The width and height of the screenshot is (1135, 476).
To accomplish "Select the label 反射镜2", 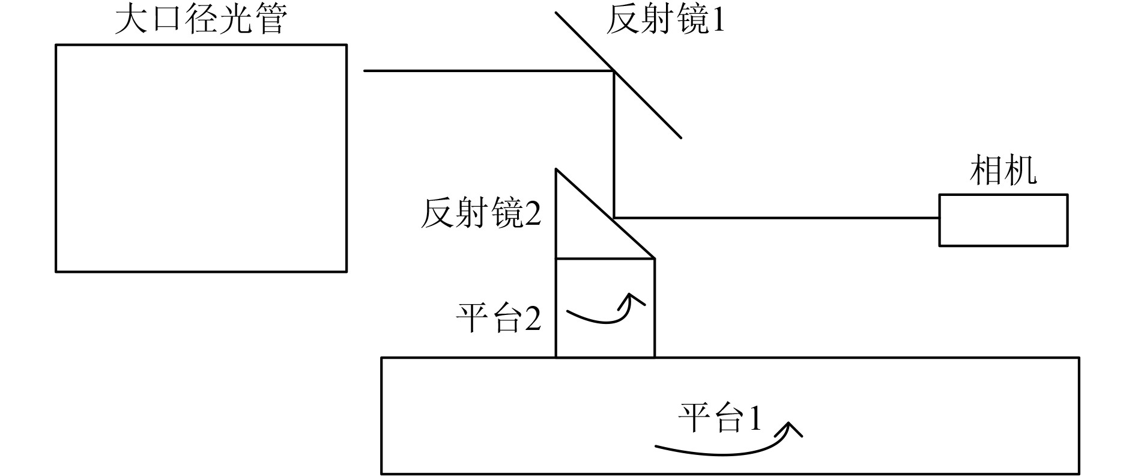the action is [x=480, y=214].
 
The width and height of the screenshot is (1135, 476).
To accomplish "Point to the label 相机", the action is [x=1003, y=171].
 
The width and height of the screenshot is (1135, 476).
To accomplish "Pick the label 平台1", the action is [x=719, y=417].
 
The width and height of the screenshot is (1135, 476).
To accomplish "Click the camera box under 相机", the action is [x=1003, y=220].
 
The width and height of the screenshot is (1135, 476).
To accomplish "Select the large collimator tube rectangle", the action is [x=201, y=158].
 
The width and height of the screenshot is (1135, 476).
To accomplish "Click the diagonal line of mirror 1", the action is [x=649, y=105].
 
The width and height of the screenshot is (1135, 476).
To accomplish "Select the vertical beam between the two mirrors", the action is [x=614, y=144].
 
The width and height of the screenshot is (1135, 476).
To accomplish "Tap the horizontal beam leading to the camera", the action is [x=775, y=218].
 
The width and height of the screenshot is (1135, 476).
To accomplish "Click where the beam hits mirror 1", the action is [x=614, y=71].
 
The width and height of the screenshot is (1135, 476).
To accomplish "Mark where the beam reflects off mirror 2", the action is [x=614, y=218].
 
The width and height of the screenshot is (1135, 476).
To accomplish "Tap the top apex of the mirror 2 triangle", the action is [x=557, y=170].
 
